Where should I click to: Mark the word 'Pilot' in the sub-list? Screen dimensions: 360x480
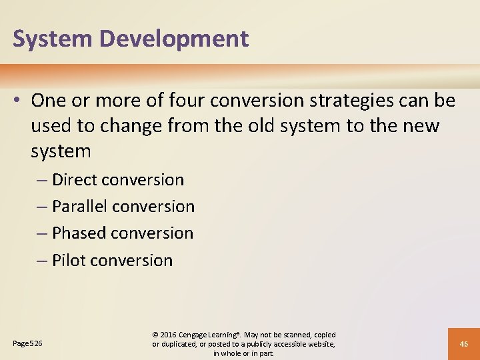tap(69, 261)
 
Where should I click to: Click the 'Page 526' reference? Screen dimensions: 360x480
tap(27, 343)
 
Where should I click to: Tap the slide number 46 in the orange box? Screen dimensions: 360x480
tap(463, 344)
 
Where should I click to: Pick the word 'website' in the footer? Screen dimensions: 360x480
tap(318, 344)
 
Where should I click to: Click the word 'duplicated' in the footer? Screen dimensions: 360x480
tap(181, 344)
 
